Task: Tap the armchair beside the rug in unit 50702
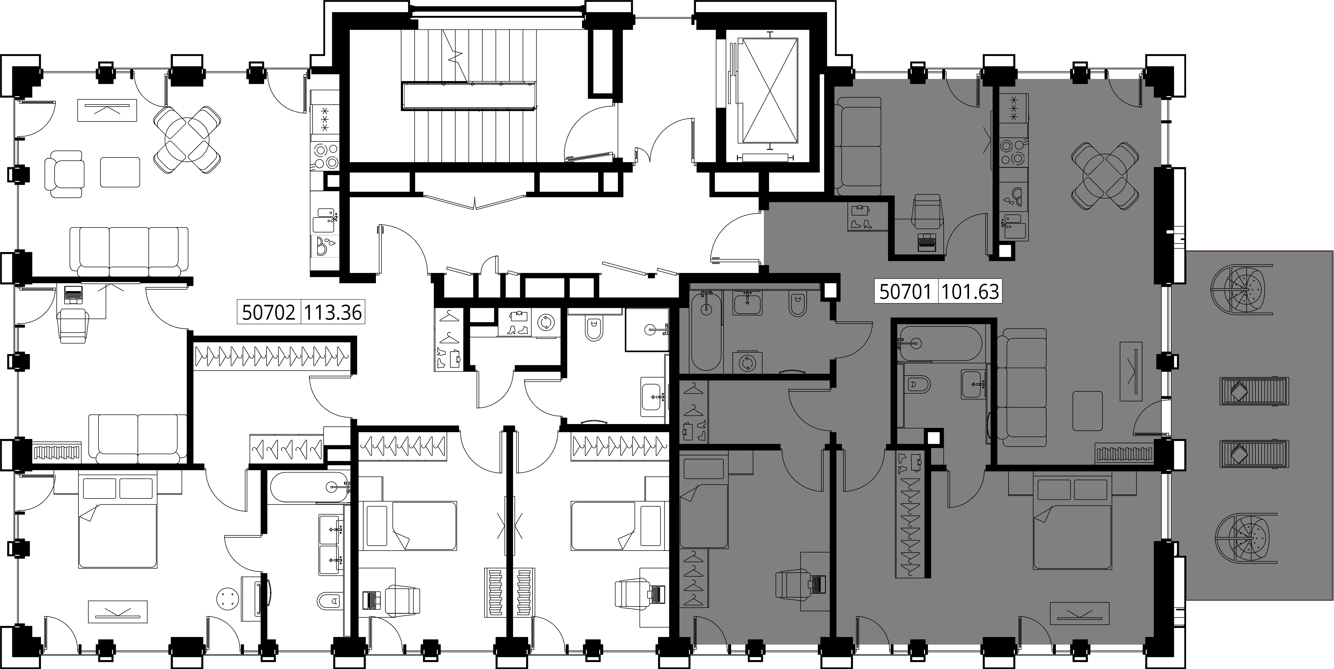tap(64, 174)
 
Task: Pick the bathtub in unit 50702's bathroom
tap(309, 487)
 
